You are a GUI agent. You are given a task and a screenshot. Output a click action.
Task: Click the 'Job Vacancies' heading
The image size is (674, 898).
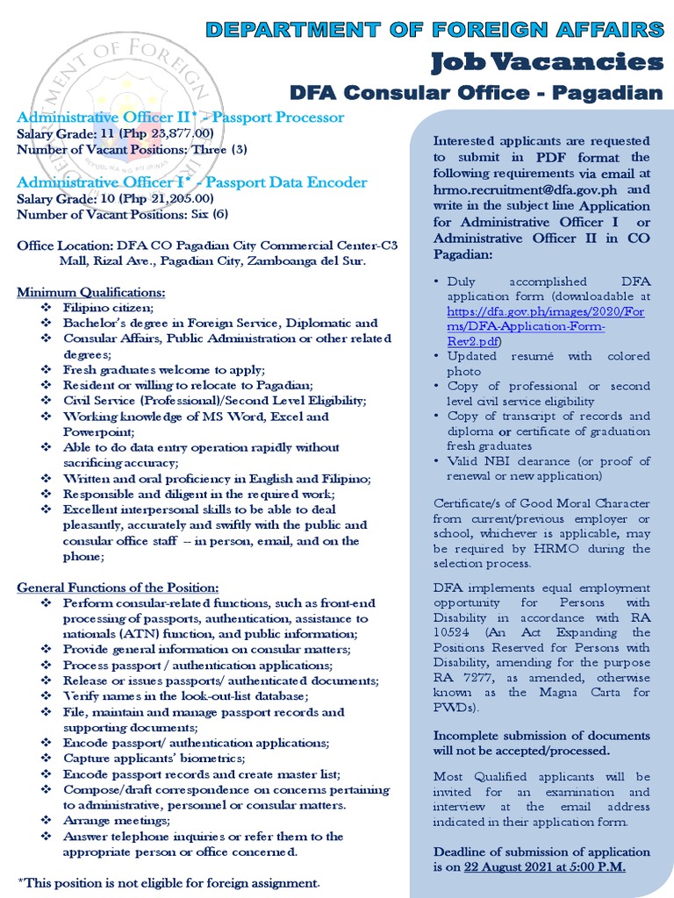point(546,61)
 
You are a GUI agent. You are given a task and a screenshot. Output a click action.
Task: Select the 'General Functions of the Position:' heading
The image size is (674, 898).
point(118,587)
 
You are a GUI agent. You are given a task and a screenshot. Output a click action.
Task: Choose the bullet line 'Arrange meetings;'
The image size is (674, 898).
point(116,821)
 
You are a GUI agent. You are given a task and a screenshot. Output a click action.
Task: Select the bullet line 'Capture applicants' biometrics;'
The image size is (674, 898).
point(154,758)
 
